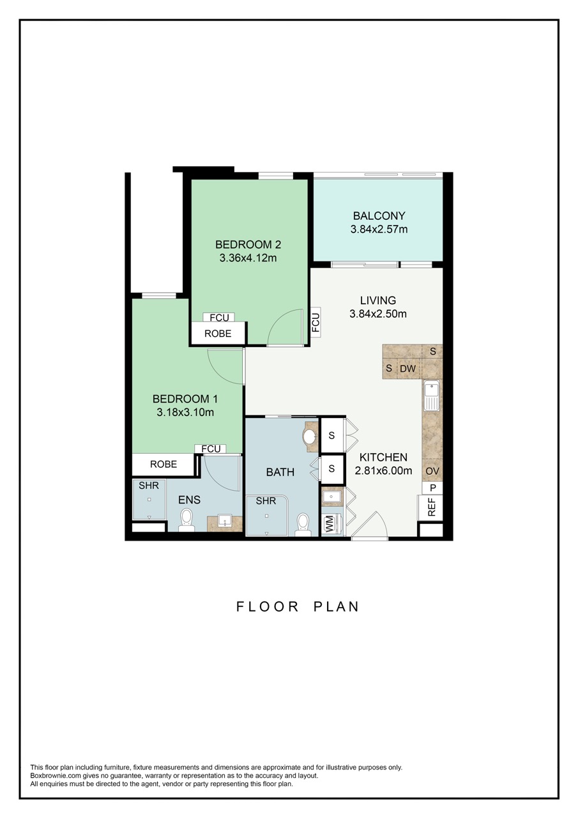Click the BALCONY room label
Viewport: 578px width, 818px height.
(379, 216)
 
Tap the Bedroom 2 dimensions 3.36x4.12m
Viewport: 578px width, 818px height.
(248, 258)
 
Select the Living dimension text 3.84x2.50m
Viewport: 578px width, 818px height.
(378, 314)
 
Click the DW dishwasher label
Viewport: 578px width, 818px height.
(407, 369)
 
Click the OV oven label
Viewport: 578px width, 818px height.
(432, 471)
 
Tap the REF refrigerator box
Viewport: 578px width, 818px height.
(432, 507)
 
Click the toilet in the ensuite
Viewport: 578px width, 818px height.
(186, 520)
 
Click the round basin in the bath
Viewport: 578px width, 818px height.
(310, 437)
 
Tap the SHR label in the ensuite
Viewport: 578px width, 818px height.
(148, 486)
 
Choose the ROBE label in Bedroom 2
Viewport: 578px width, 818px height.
(218, 334)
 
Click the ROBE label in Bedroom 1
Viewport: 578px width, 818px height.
(163, 465)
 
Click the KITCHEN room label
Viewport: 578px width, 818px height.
(383, 458)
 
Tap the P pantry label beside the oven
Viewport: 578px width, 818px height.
(432, 488)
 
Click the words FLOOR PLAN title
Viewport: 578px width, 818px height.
(298, 606)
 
